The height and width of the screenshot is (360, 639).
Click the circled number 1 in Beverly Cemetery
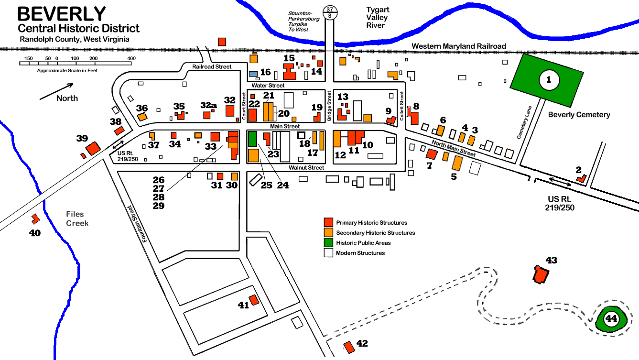(549, 80)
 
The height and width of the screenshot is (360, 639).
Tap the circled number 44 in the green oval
(611, 318)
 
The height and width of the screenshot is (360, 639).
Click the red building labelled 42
(349, 346)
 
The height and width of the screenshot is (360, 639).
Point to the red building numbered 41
(253, 300)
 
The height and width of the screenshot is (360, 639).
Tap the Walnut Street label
(306, 168)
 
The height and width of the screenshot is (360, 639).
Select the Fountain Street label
(137, 224)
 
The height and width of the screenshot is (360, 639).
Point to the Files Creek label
(77, 219)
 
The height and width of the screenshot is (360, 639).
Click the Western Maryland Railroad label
(459, 46)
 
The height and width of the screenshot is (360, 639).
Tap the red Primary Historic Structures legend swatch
(328, 222)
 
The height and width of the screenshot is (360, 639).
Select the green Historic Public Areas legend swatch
(328, 243)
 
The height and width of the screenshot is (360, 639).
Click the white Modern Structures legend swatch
(328, 253)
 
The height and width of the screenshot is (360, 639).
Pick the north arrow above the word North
(56, 91)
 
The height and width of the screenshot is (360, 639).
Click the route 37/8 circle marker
(329, 12)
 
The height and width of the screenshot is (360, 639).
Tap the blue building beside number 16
(254, 74)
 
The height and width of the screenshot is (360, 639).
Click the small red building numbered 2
(581, 178)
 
